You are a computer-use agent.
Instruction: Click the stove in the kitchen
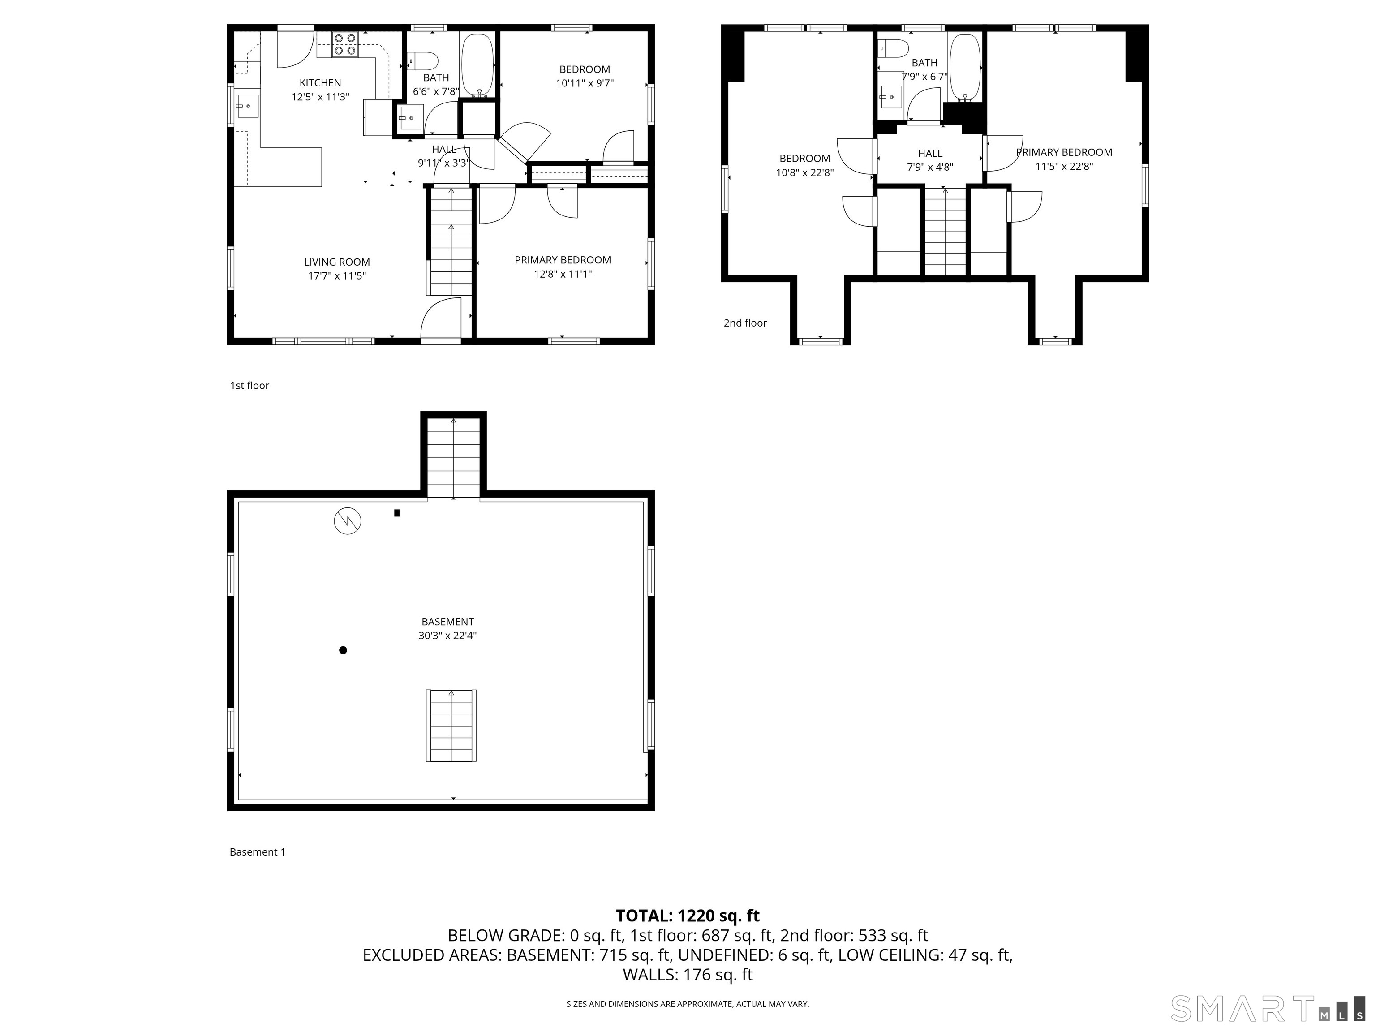pyautogui.click(x=345, y=44)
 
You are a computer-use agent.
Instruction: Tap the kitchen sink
pyautogui.click(x=247, y=106)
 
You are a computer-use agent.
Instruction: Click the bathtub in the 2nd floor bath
pyautogui.click(x=965, y=67)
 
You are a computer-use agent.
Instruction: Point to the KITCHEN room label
pyautogui.click(x=320, y=83)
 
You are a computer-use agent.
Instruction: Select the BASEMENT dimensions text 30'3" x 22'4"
pyautogui.click(x=448, y=636)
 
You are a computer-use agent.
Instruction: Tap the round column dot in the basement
pyautogui.click(x=343, y=650)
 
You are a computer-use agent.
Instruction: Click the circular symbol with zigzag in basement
pyautogui.click(x=348, y=520)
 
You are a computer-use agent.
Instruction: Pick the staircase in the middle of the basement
pyautogui.click(x=451, y=725)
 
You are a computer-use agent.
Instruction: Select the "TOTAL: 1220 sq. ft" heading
pyautogui.click(x=688, y=916)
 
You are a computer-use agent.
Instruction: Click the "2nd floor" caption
pyautogui.click(x=745, y=323)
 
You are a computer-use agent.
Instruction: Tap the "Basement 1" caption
pyautogui.click(x=258, y=852)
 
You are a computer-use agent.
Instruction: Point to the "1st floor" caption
pyautogui.click(x=249, y=386)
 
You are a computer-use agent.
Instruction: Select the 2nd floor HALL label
pyautogui.click(x=930, y=154)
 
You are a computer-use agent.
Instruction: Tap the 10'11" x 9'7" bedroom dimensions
pyautogui.click(x=585, y=83)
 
